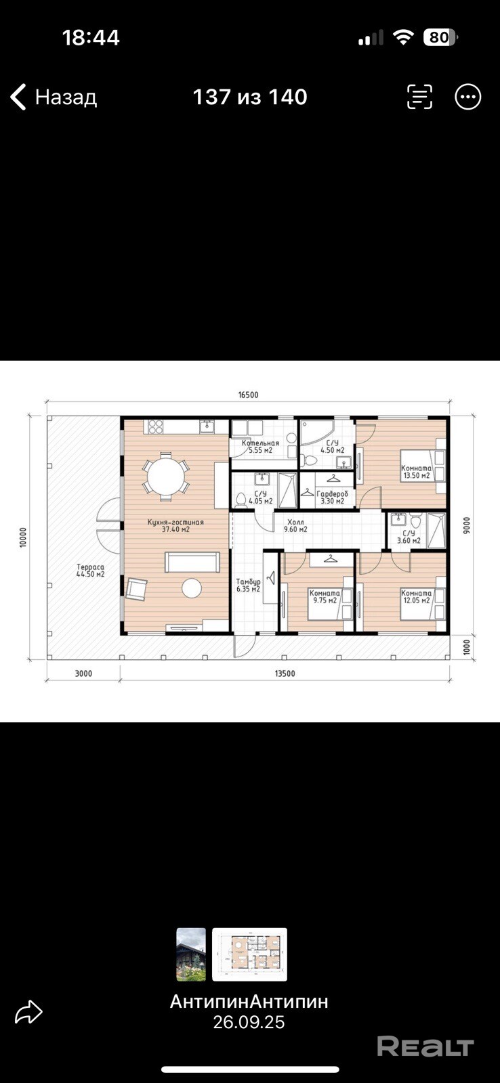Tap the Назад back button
(x=54, y=97)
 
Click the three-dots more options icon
(x=467, y=97)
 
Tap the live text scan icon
(x=419, y=97)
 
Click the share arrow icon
(x=28, y=1012)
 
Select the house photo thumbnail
(x=190, y=954)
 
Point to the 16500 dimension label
(x=248, y=395)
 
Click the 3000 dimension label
(x=83, y=673)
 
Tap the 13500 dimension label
(x=285, y=673)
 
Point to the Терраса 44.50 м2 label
(x=91, y=571)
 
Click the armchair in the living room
(x=136, y=588)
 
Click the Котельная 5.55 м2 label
(x=260, y=446)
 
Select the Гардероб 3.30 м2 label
(x=332, y=498)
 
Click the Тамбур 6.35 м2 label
(x=248, y=585)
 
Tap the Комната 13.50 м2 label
(x=416, y=472)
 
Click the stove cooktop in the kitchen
(x=155, y=426)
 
